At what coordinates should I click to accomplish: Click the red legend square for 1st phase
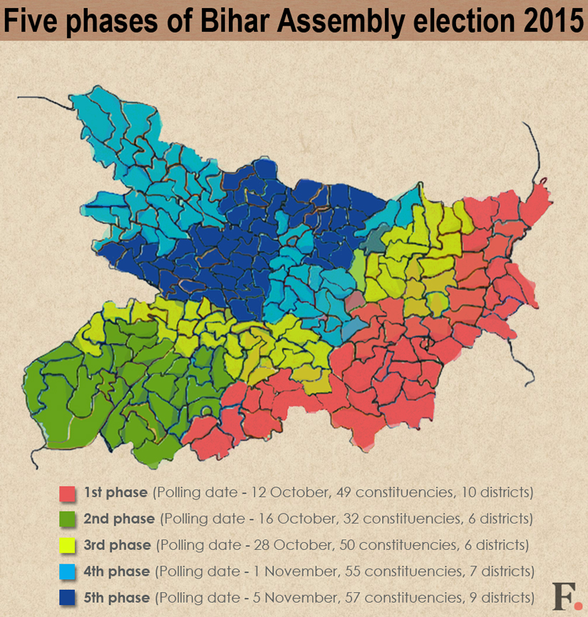coord(68,493)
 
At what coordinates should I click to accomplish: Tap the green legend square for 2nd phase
coord(68,519)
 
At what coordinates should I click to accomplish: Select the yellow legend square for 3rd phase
coord(68,546)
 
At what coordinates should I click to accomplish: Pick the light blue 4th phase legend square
coord(68,571)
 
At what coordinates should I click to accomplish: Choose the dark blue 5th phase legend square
coord(68,597)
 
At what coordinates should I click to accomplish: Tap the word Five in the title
coord(31,21)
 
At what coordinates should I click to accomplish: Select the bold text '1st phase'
coord(115,493)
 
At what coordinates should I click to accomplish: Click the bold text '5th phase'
coord(117,597)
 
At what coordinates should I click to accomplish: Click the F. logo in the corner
coord(566,596)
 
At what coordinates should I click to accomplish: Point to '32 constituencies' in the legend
coord(401,519)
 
